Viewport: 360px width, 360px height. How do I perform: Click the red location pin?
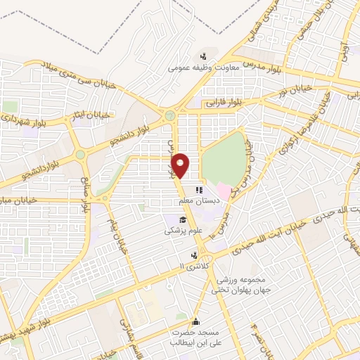181,165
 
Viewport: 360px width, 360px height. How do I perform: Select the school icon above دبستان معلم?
199,190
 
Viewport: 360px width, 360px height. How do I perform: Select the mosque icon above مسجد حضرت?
195,320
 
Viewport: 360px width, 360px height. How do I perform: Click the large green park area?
225,159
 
